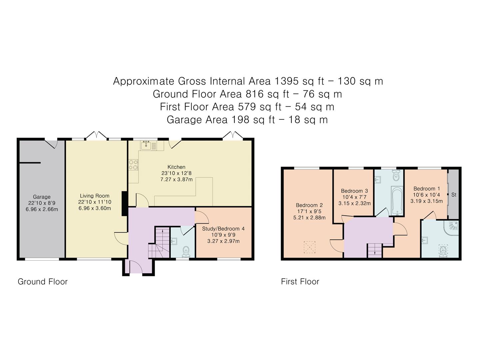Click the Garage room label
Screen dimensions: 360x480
click(42, 197)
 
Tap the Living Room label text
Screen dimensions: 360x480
click(95, 196)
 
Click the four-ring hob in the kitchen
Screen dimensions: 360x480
click(134, 165)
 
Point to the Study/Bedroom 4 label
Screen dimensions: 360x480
click(223, 229)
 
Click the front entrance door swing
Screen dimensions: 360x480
click(135, 267)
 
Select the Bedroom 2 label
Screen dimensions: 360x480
click(309, 205)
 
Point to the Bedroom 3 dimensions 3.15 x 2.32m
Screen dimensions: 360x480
click(354, 203)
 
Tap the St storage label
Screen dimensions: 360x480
click(454, 195)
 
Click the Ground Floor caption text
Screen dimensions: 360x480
click(43, 282)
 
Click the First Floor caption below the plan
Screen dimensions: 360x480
click(300, 282)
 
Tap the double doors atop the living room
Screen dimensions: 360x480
click(97, 135)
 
